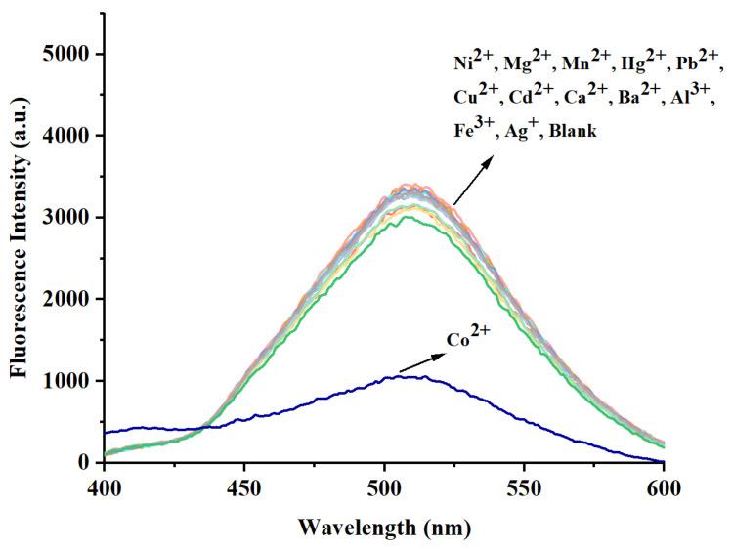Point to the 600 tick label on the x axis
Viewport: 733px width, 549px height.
pos(664,485)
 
